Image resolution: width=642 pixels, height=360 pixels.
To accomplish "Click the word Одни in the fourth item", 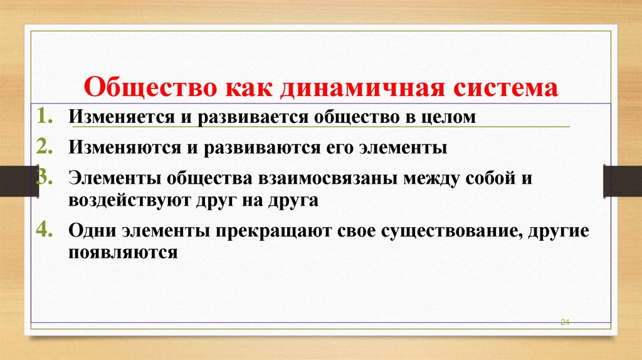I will point(90,230).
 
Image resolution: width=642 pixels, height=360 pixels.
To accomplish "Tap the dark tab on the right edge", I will point(623,181).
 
